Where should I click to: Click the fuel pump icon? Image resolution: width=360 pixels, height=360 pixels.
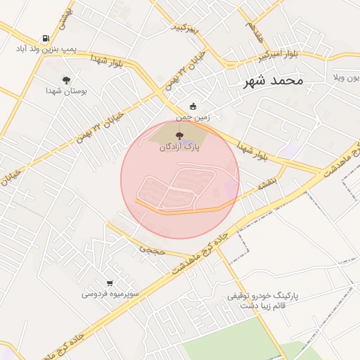[x=46, y=39]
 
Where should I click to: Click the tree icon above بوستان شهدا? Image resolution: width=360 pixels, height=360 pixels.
[x=67, y=80]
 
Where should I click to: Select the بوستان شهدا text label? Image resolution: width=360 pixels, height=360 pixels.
[x=65, y=91]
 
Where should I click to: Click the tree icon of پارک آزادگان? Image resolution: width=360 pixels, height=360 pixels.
[x=178, y=136]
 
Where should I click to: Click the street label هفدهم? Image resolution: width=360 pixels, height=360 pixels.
[x=254, y=27]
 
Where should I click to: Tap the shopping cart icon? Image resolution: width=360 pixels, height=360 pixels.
[x=110, y=283]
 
